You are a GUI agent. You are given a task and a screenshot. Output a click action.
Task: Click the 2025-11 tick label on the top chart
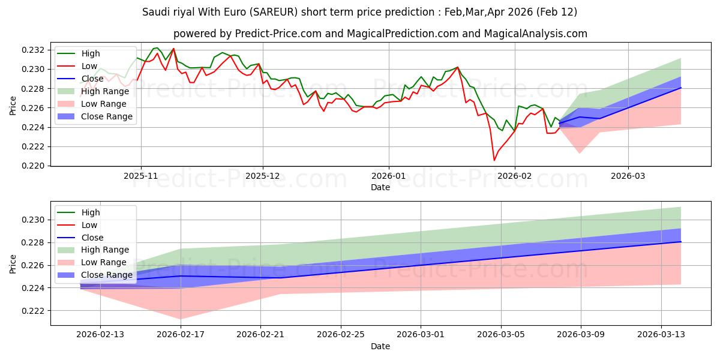(x=141, y=176)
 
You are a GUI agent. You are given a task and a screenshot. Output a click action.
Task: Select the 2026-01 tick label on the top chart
(x=388, y=176)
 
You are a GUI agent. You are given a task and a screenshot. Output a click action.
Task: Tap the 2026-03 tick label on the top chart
(x=628, y=176)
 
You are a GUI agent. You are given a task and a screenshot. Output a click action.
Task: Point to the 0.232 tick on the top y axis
(x=35, y=50)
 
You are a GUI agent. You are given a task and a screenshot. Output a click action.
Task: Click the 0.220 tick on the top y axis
(x=35, y=166)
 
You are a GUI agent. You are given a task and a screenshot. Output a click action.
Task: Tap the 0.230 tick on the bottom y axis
(x=35, y=220)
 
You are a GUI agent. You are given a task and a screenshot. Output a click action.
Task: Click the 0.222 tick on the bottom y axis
(x=35, y=311)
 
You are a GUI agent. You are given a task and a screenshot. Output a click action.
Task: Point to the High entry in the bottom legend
(x=90, y=212)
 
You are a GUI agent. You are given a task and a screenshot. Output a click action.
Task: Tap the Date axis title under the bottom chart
(x=380, y=346)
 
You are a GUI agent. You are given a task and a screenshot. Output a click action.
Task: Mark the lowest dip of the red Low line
(x=494, y=160)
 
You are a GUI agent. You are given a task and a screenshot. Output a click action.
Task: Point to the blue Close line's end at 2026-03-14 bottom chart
(x=680, y=241)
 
